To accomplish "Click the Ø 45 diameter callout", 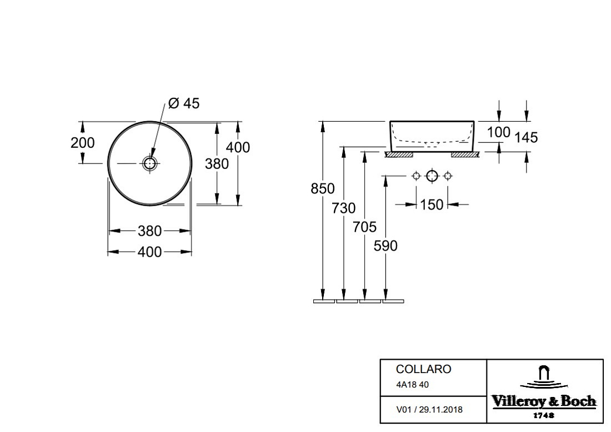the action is (x=183, y=103).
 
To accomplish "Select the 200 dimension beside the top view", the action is (x=83, y=143).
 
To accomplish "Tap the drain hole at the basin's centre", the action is (x=150, y=163).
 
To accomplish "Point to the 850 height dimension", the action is (x=323, y=188).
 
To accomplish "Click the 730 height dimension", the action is (x=344, y=208).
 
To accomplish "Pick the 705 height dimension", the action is (x=365, y=227).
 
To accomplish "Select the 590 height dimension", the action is (x=385, y=246).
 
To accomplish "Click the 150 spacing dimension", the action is (x=432, y=205).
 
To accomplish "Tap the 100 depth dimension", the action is (x=498, y=132).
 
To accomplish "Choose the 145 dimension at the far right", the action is (x=526, y=137).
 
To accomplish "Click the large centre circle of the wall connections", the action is (x=432, y=176).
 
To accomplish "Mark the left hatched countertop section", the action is (x=399, y=155).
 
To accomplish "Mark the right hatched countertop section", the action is (x=465, y=155).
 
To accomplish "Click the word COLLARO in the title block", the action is (x=424, y=369).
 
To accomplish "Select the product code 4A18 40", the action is (x=412, y=385).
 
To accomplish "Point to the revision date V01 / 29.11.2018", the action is (x=429, y=410).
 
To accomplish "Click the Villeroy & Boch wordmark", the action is (x=544, y=401).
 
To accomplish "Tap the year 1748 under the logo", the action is (x=544, y=415).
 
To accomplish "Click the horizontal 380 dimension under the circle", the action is (x=149, y=231).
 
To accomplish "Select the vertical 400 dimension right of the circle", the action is (x=238, y=147).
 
